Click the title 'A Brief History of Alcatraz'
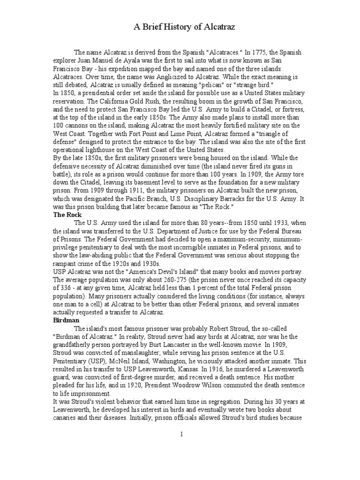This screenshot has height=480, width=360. click(180, 28)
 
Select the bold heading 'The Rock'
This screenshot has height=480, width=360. click(67, 214)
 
